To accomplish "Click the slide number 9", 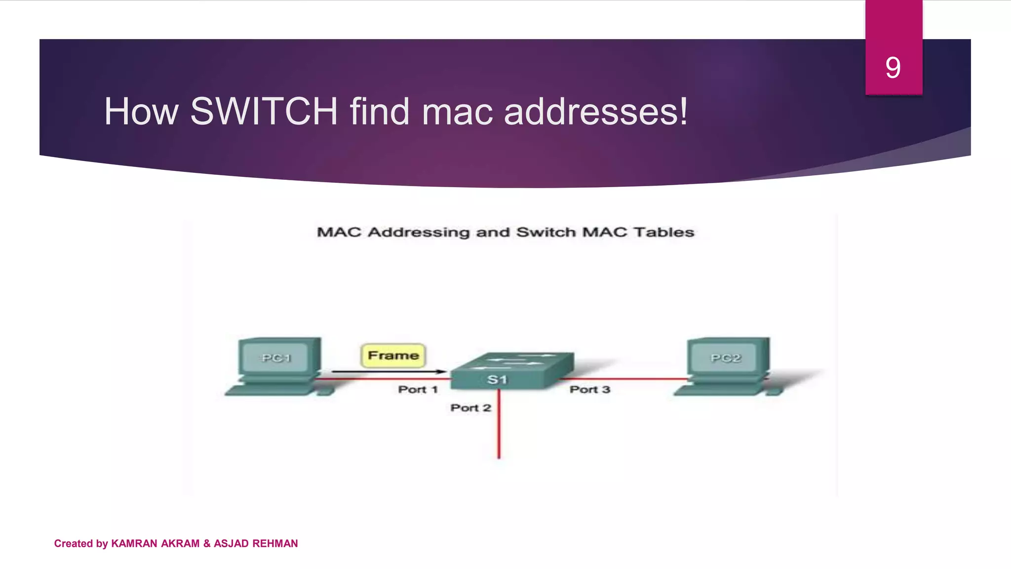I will (893, 68).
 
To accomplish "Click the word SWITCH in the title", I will (264, 112).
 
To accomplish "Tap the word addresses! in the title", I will (595, 112).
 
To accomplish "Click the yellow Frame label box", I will (393, 356).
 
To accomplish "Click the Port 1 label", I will (418, 390).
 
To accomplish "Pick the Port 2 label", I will (470, 408).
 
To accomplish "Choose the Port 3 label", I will (590, 390).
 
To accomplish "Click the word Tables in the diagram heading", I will (664, 232).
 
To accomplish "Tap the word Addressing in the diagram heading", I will (419, 232).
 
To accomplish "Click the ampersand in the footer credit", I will (207, 543).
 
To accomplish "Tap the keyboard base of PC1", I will (272, 391).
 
